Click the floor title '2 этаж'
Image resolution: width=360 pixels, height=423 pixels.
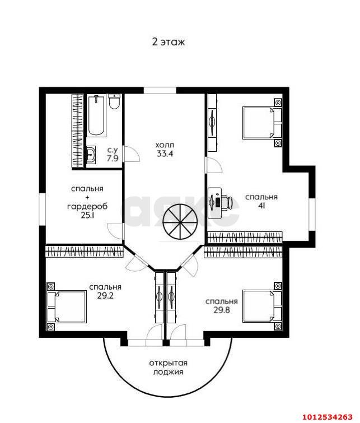tap(169, 42)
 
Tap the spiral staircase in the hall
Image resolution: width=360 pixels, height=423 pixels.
tap(180, 221)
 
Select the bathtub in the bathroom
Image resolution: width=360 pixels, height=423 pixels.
tap(96, 116)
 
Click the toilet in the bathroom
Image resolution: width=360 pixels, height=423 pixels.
tap(115, 101)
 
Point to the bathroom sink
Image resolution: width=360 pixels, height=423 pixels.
tap(91, 155)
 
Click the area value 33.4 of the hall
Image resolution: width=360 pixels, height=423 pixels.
tap(165, 154)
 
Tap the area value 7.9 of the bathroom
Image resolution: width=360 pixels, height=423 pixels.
tap(112, 158)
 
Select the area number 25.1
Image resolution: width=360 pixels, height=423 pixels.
tap(87, 215)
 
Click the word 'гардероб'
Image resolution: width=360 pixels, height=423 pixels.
tap(87, 207)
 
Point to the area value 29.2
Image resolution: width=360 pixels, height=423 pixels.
tap(105, 296)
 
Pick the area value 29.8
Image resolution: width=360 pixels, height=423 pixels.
tap(222, 310)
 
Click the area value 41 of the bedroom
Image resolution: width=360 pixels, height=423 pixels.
tap(261, 206)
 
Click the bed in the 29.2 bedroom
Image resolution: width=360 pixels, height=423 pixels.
tap(67, 306)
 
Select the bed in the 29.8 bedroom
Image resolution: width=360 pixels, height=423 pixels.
tap(262, 306)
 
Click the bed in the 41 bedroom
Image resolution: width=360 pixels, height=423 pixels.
tap(262, 123)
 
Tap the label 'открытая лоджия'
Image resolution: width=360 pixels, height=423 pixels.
tap(169, 368)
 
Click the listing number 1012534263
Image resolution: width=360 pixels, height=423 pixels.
tap(327, 417)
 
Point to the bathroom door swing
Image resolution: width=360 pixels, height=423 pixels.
tap(132, 154)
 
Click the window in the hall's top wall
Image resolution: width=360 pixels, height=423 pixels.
tap(160, 90)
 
